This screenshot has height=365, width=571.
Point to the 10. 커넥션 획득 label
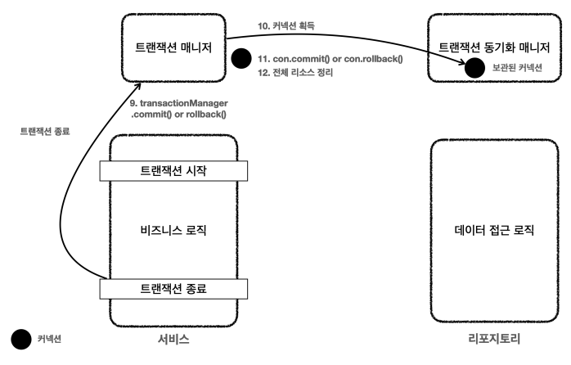tap(287, 25)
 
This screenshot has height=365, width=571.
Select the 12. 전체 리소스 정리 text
tap(296, 74)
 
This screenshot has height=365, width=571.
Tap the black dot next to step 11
tap(241, 60)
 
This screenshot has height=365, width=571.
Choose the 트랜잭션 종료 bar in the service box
tap(173, 287)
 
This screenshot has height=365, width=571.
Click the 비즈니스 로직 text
tap(173, 229)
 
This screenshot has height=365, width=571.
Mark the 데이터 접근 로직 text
tap(493, 229)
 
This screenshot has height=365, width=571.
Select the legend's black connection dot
tap(20, 338)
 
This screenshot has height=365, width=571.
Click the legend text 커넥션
tap(50, 338)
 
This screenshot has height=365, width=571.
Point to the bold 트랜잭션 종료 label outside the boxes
tap(45, 130)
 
